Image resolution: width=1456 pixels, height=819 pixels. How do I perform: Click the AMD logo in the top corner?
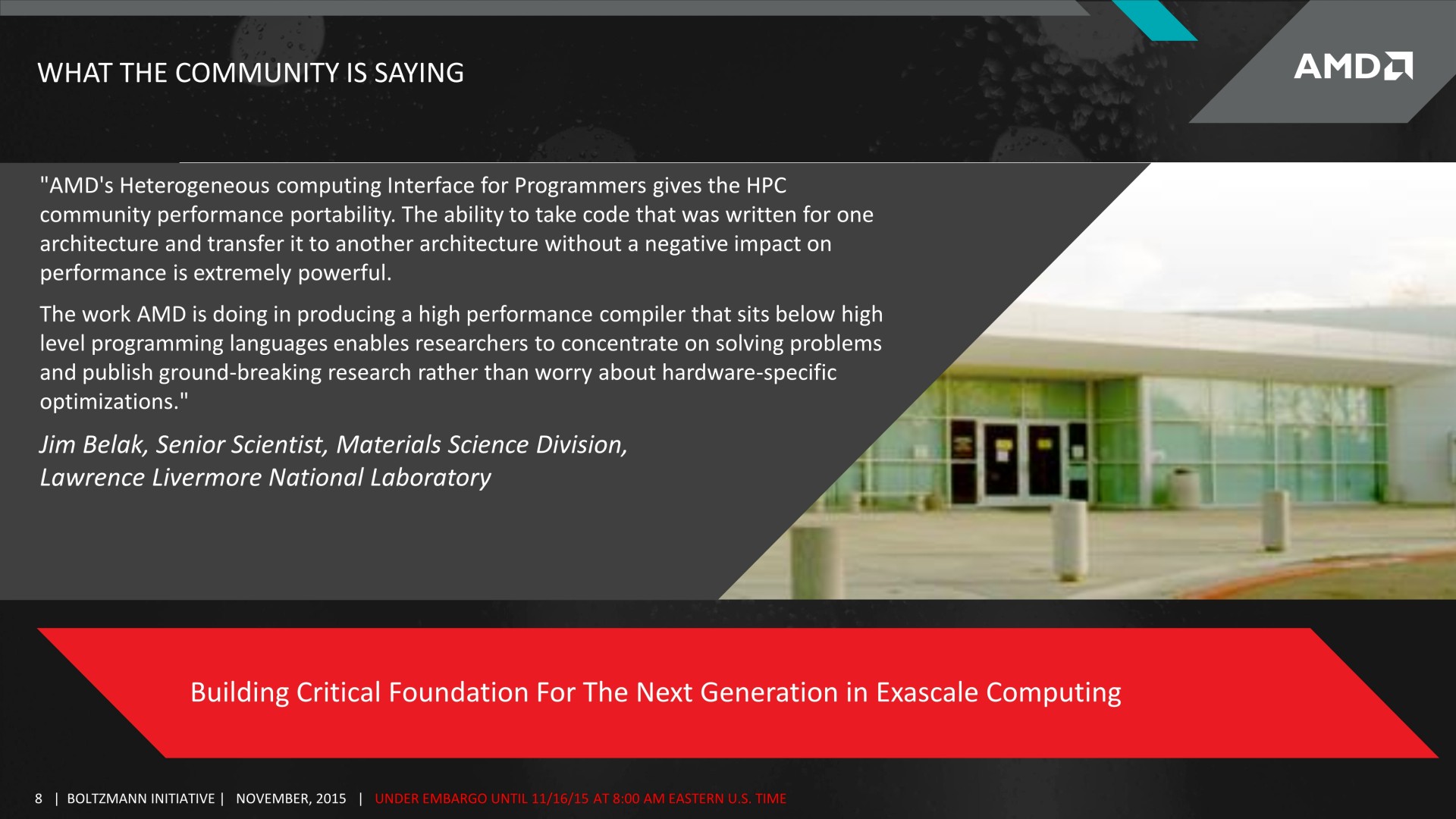point(1353,66)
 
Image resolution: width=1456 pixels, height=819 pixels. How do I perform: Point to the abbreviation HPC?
point(767,186)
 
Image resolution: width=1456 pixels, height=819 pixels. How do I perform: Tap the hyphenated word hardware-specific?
point(749,372)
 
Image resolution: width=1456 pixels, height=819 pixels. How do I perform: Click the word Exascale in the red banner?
point(927,692)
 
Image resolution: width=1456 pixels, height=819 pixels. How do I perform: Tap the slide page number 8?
point(39,799)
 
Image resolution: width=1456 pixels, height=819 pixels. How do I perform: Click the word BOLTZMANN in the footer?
point(103,799)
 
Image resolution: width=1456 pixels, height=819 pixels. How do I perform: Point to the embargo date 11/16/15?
point(560,799)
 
